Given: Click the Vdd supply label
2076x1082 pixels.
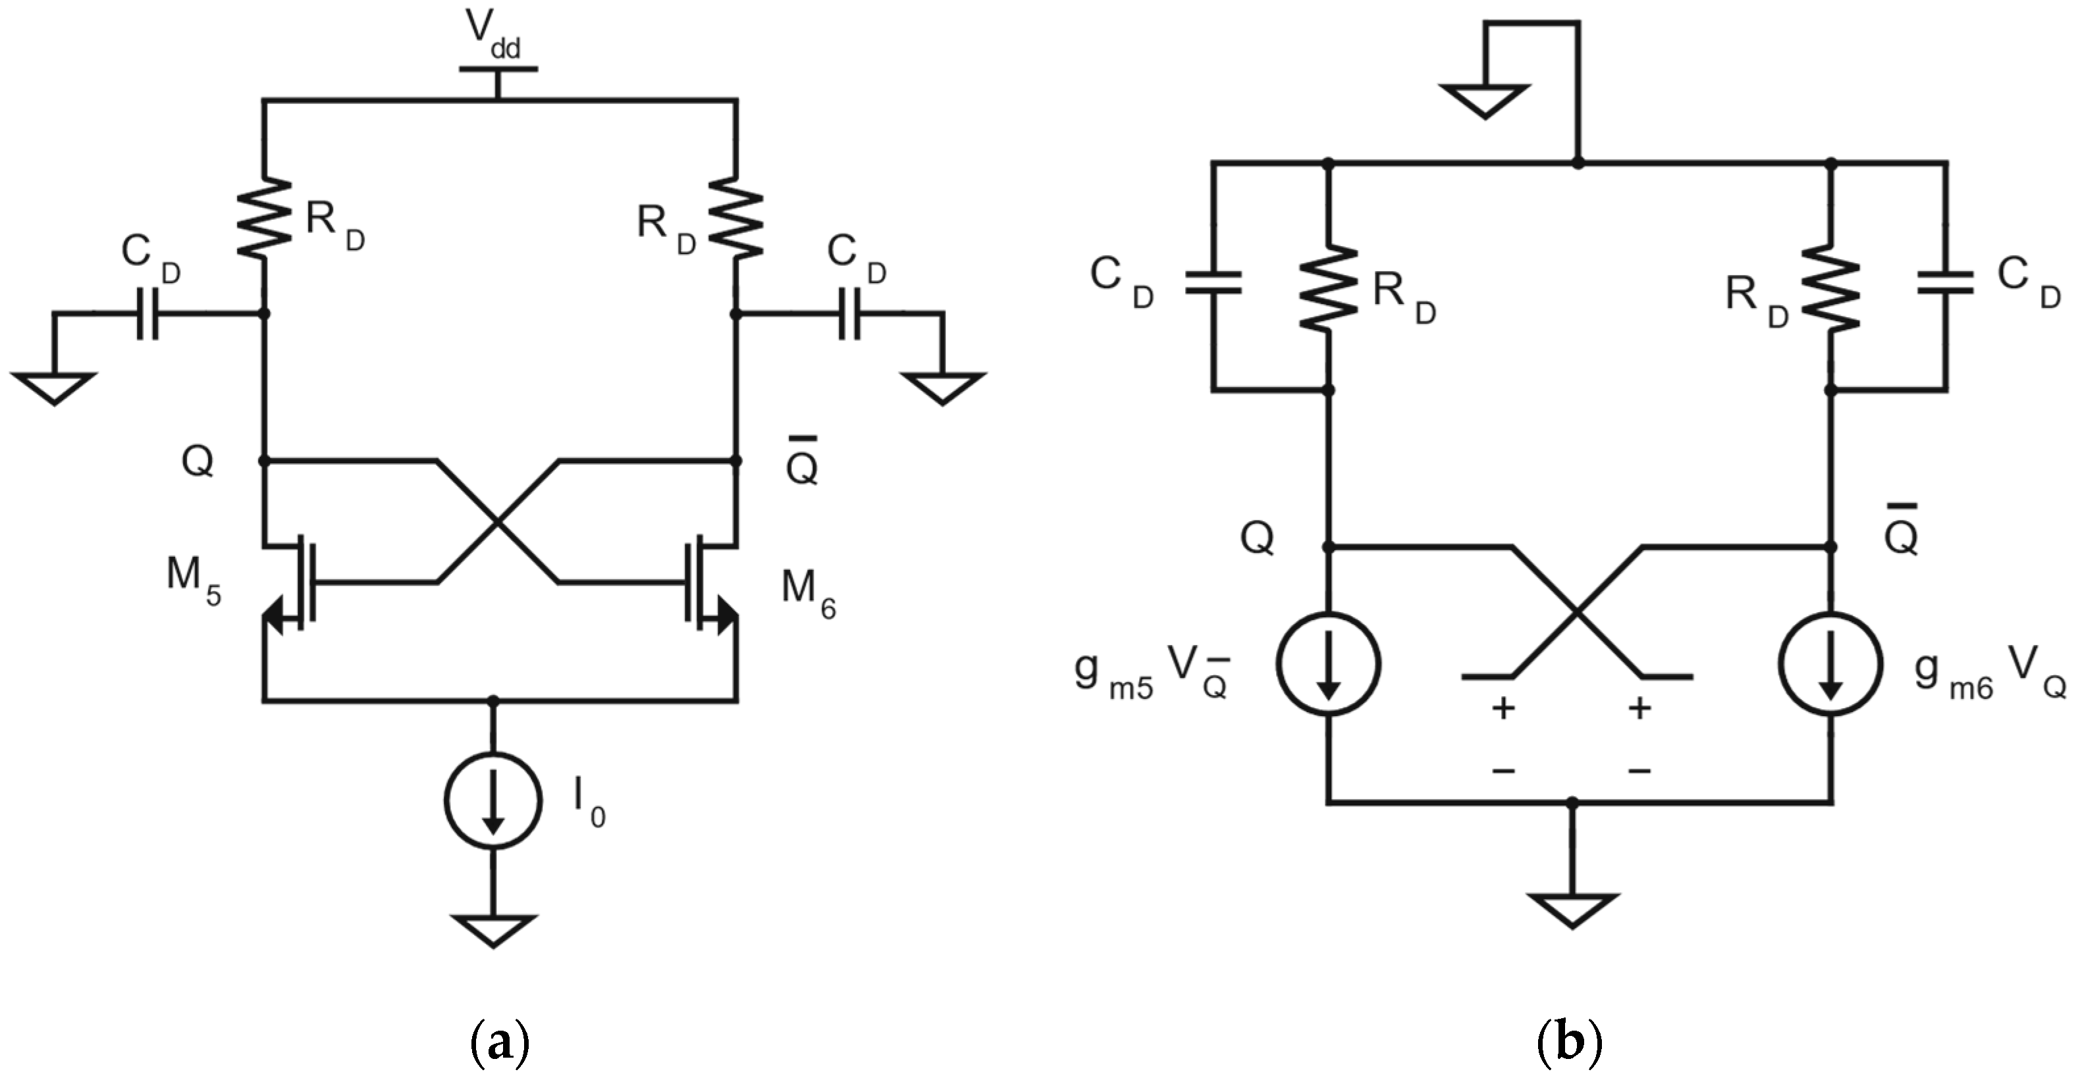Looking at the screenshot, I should click(x=493, y=34).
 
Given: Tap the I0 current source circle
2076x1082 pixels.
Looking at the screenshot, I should click(x=493, y=800).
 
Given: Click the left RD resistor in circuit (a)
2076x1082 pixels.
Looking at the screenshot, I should click(x=264, y=218).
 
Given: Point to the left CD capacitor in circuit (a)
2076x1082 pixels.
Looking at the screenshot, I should click(x=147, y=313).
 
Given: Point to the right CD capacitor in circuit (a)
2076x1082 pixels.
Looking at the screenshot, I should click(x=849, y=313).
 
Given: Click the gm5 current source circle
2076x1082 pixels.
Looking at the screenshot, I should click(x=1328, y=664).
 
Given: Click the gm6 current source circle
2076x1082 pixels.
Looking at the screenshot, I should click(x=1831, y=664).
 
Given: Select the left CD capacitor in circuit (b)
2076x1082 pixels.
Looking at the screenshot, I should click(x=1213, y=282).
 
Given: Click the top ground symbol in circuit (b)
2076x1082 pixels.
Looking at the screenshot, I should click(x=1485, y=100).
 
